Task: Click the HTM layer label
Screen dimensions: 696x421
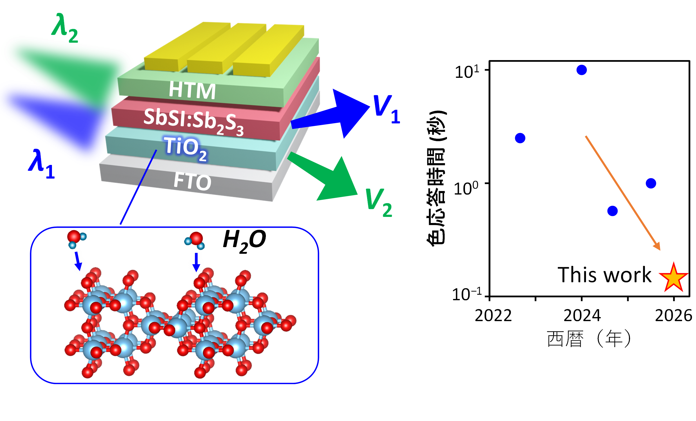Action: [x=192, y=90]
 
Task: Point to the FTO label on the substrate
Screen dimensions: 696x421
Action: [x=192, y=181]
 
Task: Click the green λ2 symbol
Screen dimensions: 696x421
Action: [x=65, y=28]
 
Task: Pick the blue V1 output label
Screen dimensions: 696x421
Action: [x=387, y=109]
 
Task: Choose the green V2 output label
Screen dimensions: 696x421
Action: [x=379, y=203]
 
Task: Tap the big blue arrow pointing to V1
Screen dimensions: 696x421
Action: [x=330, y=114]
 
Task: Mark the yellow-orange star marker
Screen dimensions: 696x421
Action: [x=674, y=278]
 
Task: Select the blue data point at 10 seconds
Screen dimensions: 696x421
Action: [x=582, y=70]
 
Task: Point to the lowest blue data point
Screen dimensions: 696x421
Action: [x=612, y=211]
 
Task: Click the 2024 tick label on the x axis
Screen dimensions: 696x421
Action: [x=582, y=316]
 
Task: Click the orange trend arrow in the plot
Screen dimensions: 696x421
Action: [x=623, y=193]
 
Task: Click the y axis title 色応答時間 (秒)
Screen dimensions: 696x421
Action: [x=436, y=178]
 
